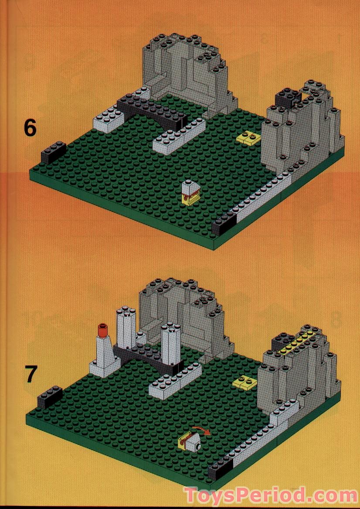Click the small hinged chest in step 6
(x=189, y=192)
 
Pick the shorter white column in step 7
(x=170, y=343)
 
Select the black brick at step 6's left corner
(x=53, y=153)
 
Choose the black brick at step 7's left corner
(x=50, y=397)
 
